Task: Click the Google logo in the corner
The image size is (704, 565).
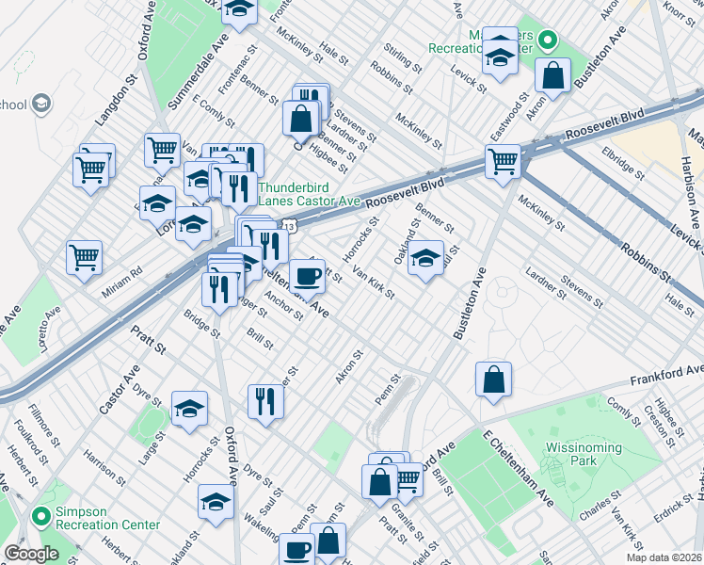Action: pyautogui.click(x=31, y=554)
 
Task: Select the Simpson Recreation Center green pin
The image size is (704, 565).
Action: pyautogui.click(x=40, y=516)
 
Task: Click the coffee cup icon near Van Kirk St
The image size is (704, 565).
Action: pyautogui.click(x=307, y=277)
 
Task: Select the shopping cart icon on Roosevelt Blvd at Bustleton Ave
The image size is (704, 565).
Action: pyautogui.click(x=504, y=162)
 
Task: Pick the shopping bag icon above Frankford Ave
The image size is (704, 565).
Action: pyautogui.click(x=493, y=380)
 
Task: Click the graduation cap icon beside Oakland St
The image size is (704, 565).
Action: pyautogui.click(x=426, y=257)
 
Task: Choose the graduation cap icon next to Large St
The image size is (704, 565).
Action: pyautogui.click(x=189, y=409)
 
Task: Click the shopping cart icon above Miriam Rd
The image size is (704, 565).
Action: pyautogui.click(x=84, y=256)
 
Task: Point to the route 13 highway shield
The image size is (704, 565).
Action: pyautogui.click(x=293, y=227)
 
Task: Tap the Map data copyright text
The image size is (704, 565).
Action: pyautogui.click(x=664, y=557)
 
